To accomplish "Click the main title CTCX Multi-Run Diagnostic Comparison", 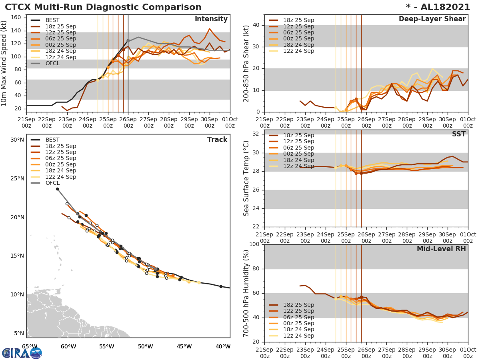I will click(103, 7).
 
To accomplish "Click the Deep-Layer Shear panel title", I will click(432, 19).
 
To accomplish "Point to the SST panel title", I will click(459, 134).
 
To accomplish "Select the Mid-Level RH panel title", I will click(441, 249).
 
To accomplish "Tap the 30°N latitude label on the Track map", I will click(17, 140).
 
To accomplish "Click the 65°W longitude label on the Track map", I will click(30, 346).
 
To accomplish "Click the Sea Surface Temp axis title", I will click(246, 179).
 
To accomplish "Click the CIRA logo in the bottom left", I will click(22, 353).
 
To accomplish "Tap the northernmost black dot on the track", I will click(57, 189).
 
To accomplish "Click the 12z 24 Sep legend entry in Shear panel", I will click(298, 51).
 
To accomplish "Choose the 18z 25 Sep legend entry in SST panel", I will click(298, 135).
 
